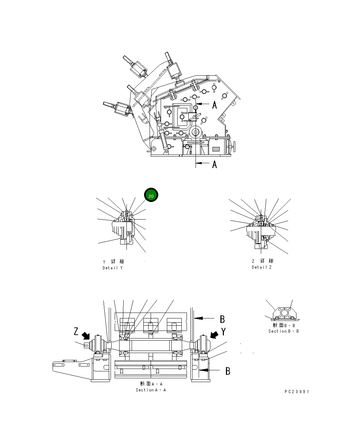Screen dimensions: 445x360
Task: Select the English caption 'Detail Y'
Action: (x=112, y=268)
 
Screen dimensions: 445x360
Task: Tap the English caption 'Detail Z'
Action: (x=262, y=267)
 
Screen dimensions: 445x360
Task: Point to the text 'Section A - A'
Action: (x=151, y=390)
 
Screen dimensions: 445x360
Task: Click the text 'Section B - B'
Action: (x=284, y=331)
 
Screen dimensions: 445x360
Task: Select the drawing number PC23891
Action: (x=297, y=392)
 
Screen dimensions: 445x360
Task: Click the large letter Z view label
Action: (x=76, y=332)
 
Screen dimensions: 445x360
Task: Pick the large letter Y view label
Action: (x=224, y=332)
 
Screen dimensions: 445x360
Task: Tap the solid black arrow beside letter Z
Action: (x=86, y=336)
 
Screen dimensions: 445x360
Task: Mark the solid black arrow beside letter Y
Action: (x=214, y=335)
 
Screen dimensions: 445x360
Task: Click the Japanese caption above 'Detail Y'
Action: (x=113, y=261)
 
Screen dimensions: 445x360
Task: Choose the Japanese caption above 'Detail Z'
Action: (x=262, y=261)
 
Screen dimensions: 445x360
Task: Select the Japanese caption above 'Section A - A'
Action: (x=151, y=384)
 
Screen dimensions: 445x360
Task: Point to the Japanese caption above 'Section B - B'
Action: (x=284, y=325)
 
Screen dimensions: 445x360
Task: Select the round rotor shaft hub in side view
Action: (x=196, y=132)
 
